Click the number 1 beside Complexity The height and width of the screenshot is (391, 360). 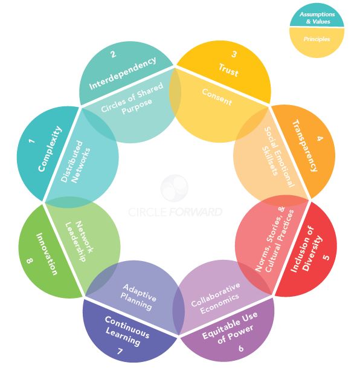click(x=31, y=141)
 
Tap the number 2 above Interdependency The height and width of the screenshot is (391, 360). click(x=114, y=54)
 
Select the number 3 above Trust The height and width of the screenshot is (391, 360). click(x=234, y=54)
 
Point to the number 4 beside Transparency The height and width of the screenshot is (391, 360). click(x=320, y=138)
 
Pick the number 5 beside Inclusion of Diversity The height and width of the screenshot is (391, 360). click(x=326, y=257)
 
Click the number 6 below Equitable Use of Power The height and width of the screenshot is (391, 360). click(x=240, y=348)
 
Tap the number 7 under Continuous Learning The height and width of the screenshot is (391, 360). click(x=120, y=351)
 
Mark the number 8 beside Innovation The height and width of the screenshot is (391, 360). click(x=30, y=260)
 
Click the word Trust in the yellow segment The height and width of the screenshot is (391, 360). click(x=228, y=70)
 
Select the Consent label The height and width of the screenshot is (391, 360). click(x=217, y=97)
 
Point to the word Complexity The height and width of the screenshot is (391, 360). click(x=50, y=149)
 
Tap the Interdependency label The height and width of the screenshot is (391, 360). click(x=123, y=73)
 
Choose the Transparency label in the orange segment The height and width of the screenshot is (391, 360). click(x=305, y=146)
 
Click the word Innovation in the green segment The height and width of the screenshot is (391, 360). click(x=47, y=254)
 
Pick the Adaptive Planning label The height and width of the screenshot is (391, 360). click(x=138, y=297)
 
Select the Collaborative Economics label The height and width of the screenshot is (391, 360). click(x=216, y=298)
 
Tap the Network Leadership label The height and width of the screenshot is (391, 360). click(x=79, y=241)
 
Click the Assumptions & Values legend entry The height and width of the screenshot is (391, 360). click(x=317, y=18)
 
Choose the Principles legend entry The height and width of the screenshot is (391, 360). click(x=317, y=39)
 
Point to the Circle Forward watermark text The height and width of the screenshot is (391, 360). click(x=175, y=212)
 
